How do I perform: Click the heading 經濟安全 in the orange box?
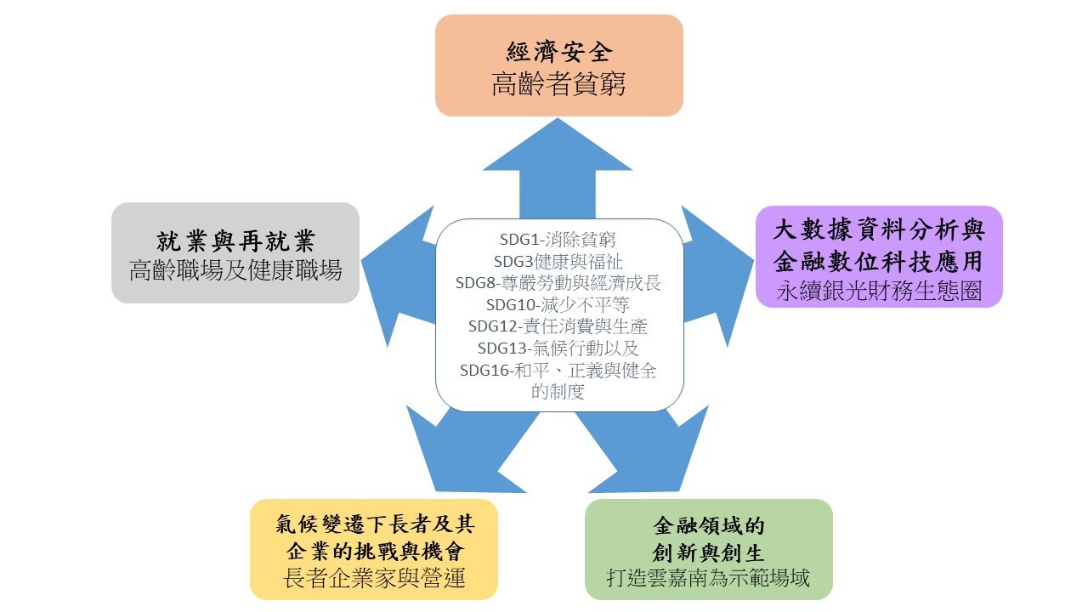tap(558, 52)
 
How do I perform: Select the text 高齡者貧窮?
tap(558, 85)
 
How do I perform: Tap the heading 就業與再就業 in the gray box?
tap(235, 241)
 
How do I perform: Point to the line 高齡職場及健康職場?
tap(235, 271)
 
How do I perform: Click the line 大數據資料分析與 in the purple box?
tap(879, 229)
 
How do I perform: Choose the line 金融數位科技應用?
tap(879, 260)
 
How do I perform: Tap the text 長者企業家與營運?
tap(373, 579)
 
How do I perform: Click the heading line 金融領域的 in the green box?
tap(708, 524)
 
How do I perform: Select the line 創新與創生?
tap(708, 550)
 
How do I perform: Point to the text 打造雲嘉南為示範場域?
tap(708, 578)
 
